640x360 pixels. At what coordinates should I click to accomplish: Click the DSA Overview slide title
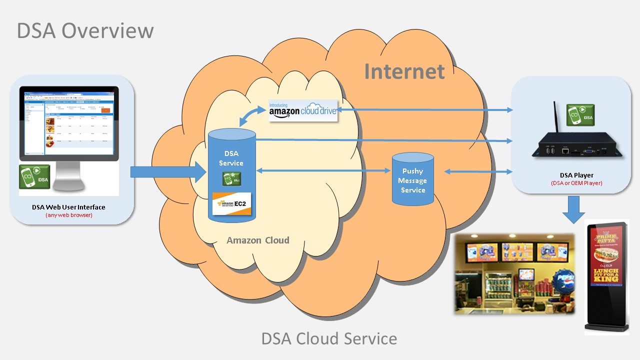(85, 30)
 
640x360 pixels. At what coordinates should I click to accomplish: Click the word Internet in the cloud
(404, 71)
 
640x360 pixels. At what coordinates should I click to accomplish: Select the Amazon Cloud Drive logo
(303, 110)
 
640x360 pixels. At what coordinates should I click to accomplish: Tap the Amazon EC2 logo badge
(231, 204)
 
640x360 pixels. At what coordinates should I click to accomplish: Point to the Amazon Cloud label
(258, 240)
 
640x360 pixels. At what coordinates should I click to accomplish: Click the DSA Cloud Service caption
(329, 338)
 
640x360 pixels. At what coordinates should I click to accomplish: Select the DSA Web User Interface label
(69, 207)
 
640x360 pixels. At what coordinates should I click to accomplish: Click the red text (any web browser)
(69, 215)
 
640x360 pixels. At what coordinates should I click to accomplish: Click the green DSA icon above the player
(580, 115)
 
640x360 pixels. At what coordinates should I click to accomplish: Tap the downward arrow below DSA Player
(573, 209)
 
